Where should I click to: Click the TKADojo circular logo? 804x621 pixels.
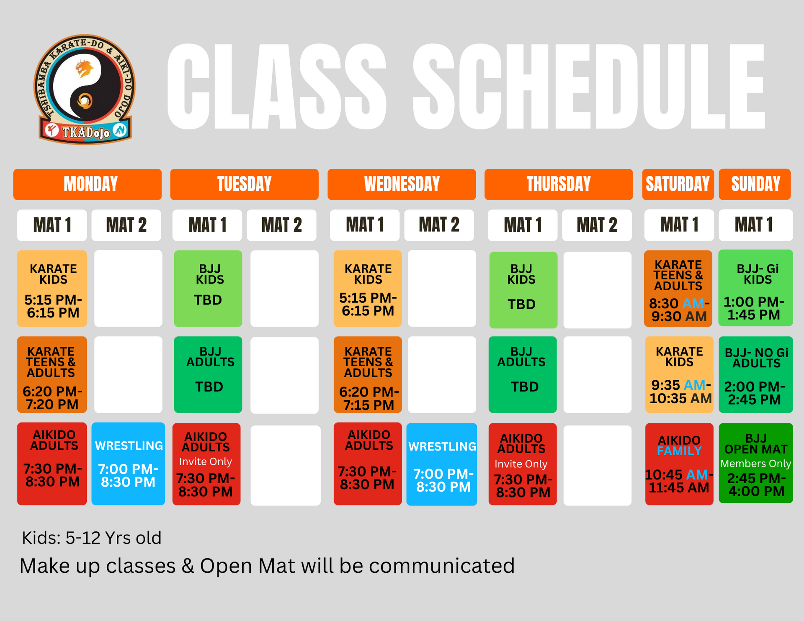pyautogui.click(x=85, y=89)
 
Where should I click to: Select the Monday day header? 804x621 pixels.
pyautogui.click(x=88, y=184)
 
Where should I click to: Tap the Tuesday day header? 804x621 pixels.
pyautogui.click(x=244, y=184)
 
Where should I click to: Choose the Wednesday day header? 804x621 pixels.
pyautogui.click(x=402, y=184)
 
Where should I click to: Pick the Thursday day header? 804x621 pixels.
pyautogui.click(x=558, y=184)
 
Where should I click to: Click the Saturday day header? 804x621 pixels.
pyautogui.click(x=678, y=184)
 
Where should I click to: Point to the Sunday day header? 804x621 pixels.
pyautogui.click(x=755, y=184)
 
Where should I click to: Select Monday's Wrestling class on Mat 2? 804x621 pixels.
pyautogui.click(x=128, y=464)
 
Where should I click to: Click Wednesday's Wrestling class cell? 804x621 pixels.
pyautogui.click(x=442, y=464)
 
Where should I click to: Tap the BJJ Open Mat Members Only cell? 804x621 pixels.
pyautogui.click(x=756, y=463)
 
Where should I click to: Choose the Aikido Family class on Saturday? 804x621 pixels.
pyautogui.click(x=679, y=464)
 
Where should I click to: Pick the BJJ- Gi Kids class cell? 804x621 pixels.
pyautogui.click(x=756, y=288)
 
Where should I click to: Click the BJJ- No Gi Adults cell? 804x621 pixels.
pyautogui.click(x=756, y=375)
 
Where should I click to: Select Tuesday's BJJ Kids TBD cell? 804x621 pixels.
pyautogui.click(x=208, y=289)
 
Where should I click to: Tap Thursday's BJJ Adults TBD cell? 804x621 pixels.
pyautogui.click(x=523, y=375)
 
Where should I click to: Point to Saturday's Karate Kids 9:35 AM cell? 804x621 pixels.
pyautogui.click(x=679, y=375)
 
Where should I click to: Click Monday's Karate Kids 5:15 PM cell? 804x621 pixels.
pyautogui.click(x=52, y=289)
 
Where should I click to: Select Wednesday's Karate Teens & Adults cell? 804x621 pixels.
pyautogui.click(x=368, y=375)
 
